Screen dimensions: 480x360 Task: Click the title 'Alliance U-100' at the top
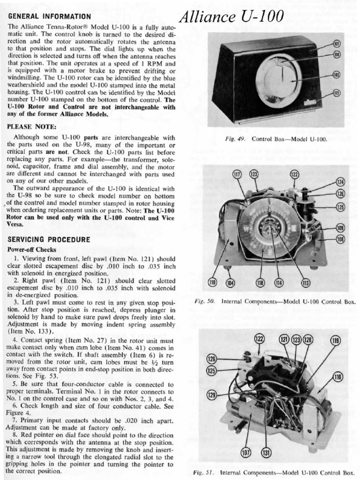(x=232, y=17)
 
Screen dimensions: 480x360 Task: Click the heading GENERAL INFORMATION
(x=49, y=16)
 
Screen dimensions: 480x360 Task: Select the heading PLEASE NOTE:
(x=32, y=127)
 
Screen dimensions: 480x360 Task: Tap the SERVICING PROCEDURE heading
(x=49, y=240)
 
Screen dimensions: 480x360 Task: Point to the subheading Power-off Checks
(x=32, y=249)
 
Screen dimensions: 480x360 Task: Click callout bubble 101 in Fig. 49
(x=336, y=44)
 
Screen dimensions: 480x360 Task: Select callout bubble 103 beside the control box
(x=336, y=75)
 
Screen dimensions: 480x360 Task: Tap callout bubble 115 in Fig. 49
(x=336, y=93)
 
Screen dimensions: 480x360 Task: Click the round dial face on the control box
(x=278, y=78)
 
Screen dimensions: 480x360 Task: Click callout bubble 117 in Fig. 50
(x=237, y=174)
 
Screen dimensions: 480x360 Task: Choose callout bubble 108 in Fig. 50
(x=340, y=239)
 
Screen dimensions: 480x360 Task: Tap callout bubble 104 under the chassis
(x=230, y=283)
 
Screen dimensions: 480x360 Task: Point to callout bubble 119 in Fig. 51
(x=335, y=340)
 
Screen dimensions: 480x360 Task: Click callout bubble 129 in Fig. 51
(x=212, y=395)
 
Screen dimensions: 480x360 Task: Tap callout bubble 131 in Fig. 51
(x=266, y=452)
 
